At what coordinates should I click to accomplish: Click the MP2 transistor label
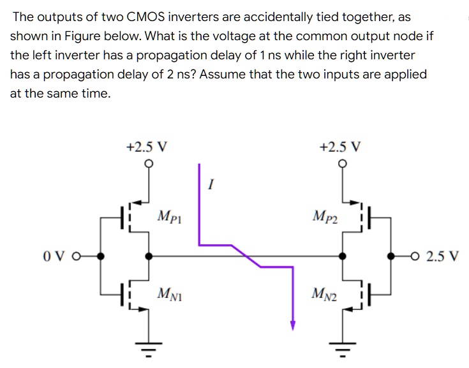click(x=326, y=217)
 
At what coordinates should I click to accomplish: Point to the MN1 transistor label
click(x=169, y=294)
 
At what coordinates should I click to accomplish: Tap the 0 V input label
click(x=53, y=256)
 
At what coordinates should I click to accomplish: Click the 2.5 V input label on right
click(x=442, y=256)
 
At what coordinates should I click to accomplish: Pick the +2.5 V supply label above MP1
click(x=147, y=146)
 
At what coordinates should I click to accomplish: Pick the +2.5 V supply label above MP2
click(x=340, y=146)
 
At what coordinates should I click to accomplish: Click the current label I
click(x=211, y=185)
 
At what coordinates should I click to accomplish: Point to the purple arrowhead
click(x=293, y=326)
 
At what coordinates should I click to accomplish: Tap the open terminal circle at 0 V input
click(x=76, y=256)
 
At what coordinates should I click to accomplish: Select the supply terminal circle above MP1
click(x=149, y=164)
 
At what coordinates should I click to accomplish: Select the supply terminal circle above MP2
click(x=343, y=164)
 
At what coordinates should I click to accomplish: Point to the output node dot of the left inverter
click(x=149, y=256)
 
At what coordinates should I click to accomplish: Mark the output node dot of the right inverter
click(x=343, y=256)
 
